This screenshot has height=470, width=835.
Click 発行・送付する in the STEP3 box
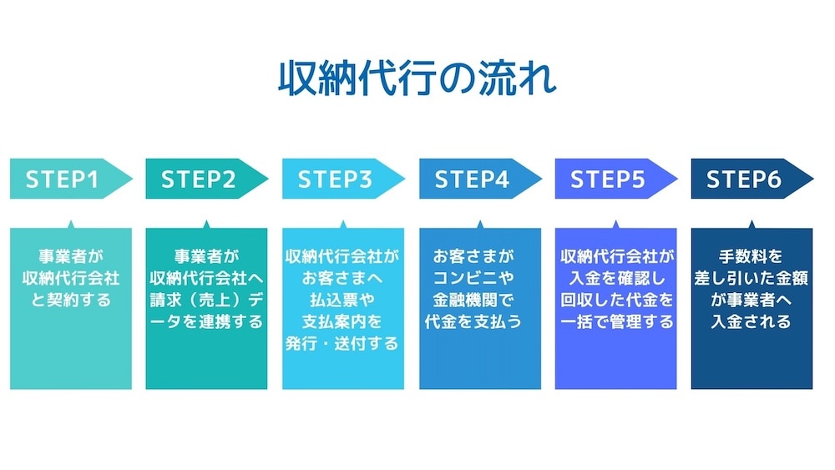click(x=342, y=343)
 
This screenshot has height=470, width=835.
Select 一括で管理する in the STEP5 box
click(x=615, y=321)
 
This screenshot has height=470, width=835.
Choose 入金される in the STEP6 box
click(x=751, y=321)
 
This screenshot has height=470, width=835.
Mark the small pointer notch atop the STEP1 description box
click(x=70, y=224)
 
